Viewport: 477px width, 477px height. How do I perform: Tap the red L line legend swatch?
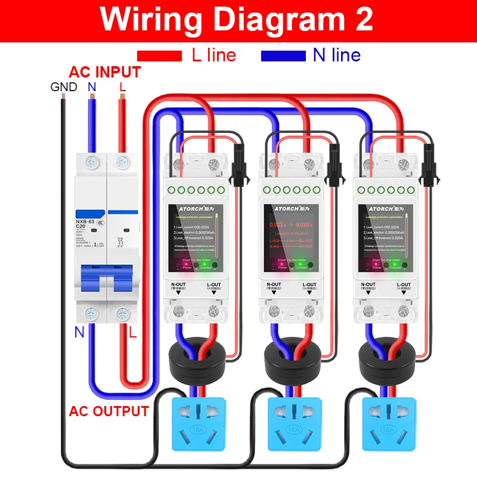[159, 55]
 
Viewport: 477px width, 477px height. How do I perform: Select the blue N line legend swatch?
[283, 55]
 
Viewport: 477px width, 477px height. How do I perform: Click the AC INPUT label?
[105, 73]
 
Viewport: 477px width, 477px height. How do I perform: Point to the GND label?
[63, 87]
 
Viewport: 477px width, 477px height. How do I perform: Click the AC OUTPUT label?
[109, 411]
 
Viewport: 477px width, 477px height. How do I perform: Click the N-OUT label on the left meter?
[178, 285]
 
